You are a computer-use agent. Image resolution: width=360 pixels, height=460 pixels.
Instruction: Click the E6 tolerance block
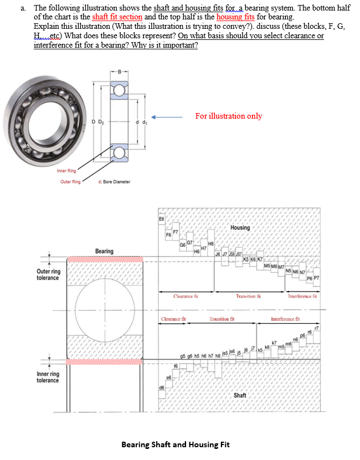tap(161, 219)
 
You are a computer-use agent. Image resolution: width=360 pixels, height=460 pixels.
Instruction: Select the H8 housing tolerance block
tap(210, 242)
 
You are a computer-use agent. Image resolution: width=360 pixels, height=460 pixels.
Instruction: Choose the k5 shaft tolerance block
tap(259, 349)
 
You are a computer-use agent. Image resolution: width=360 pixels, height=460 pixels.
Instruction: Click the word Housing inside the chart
tap(240, 227)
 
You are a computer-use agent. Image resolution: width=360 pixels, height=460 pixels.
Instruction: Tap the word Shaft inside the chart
tap(240, 395)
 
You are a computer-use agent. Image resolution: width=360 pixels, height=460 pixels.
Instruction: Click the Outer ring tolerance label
tap(49, 274)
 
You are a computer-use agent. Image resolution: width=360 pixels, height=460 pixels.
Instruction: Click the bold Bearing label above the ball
tap(104, 251)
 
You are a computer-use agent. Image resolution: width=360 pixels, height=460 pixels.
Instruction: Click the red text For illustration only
tap(228, 116)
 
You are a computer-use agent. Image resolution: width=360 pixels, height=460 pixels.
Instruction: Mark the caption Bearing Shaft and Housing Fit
tap(175, 444)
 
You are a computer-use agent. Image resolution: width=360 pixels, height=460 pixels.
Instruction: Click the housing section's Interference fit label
tap(302, 297)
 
